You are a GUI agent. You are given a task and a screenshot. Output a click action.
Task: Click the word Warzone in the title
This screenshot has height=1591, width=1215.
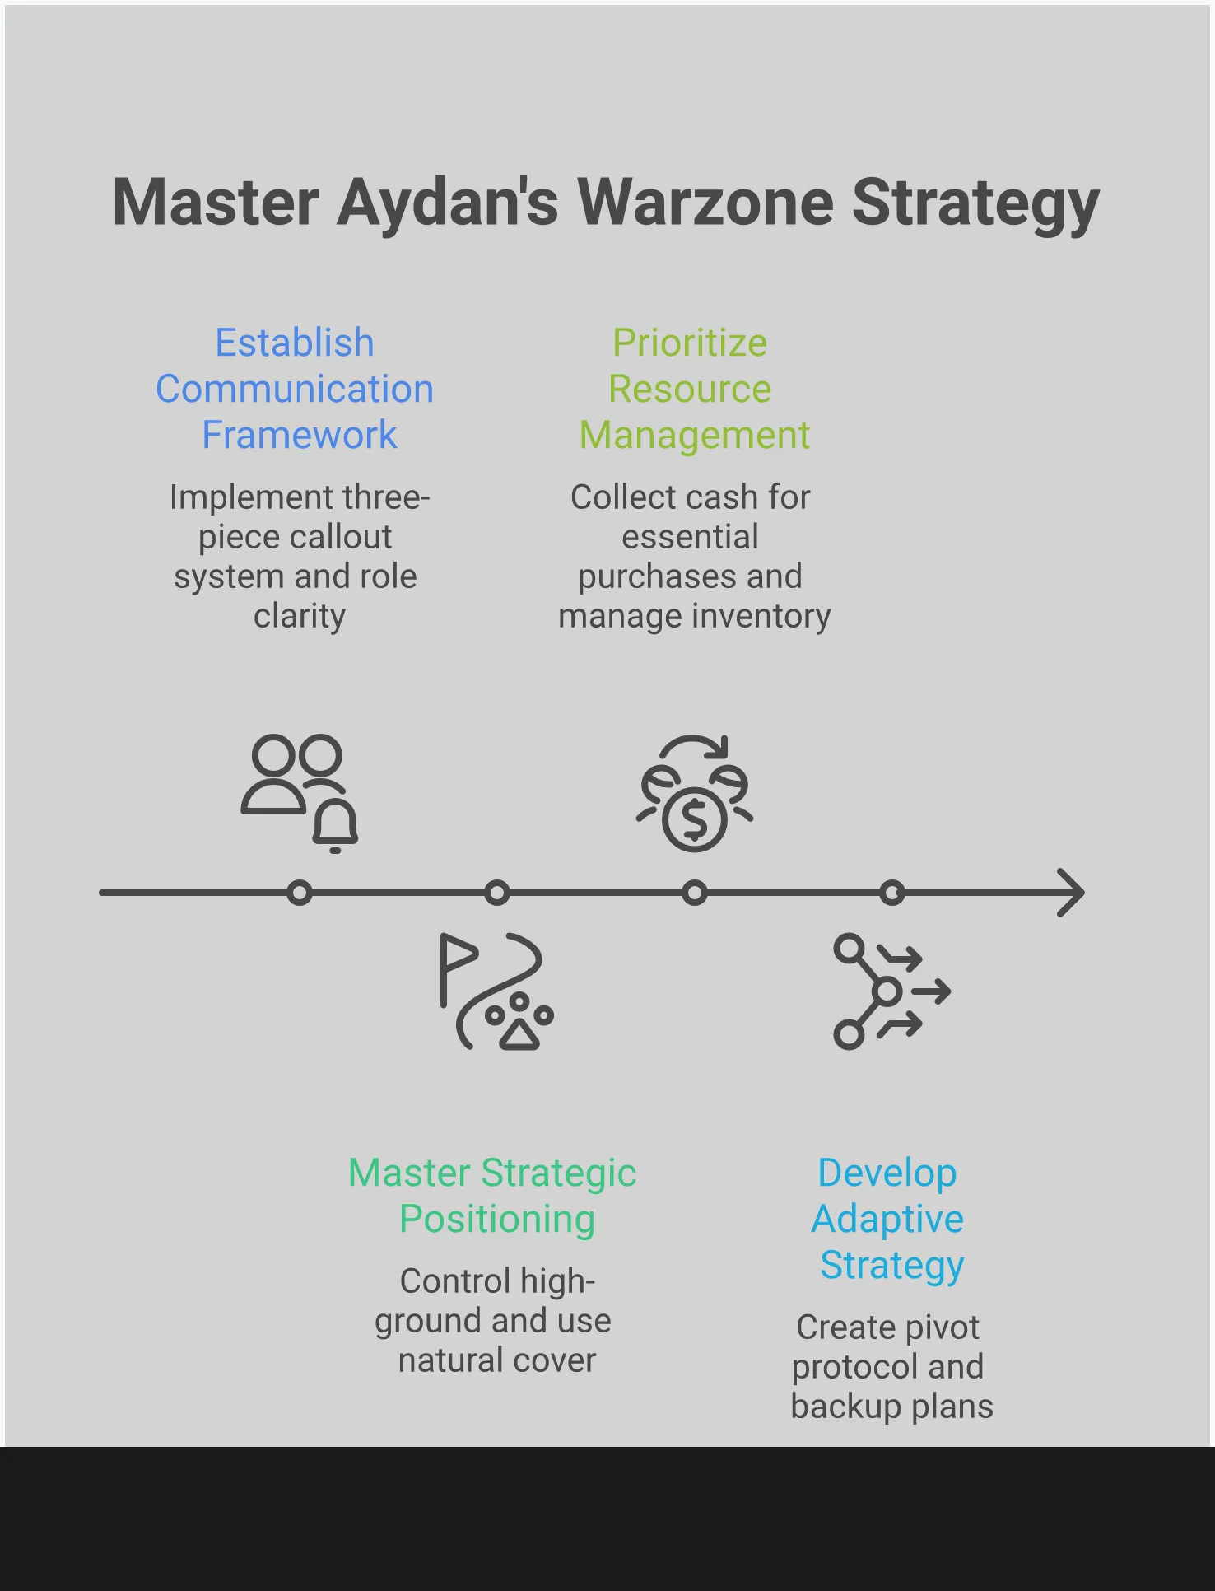tap(705, 203)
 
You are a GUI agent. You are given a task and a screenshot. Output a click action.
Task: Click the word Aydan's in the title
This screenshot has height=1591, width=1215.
tap(448, 204)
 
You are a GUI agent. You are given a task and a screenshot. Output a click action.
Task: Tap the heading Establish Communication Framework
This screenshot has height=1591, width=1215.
tap(295, 389)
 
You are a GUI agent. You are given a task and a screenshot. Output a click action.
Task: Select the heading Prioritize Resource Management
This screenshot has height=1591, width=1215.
tap(691, 389)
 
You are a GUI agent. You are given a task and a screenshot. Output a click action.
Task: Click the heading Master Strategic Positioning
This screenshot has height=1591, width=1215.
tap(493, 1196)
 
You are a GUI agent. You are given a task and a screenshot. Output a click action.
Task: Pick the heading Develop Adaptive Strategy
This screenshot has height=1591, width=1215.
tap(888, 1219)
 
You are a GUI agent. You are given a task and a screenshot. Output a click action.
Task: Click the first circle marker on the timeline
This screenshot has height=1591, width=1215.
tap(300, 893)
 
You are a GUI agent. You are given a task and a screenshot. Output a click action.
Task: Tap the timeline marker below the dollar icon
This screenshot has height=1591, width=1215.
tap(695, 893)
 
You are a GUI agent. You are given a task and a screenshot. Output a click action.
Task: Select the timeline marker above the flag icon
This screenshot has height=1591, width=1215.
tap(497, 893)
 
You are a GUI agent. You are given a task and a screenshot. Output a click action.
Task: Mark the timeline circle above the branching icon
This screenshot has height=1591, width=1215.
tap(892, 893)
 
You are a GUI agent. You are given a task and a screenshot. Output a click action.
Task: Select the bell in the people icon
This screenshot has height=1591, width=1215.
tap(335, 825)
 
